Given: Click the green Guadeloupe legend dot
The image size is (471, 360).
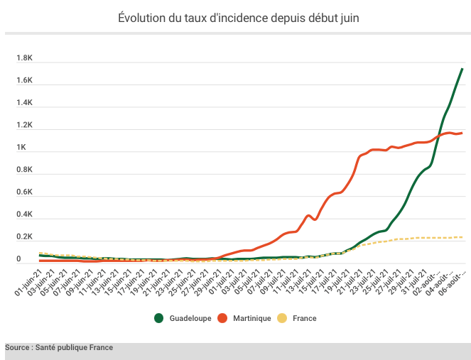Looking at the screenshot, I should (159, 318).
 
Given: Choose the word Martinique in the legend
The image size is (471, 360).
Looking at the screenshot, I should (251, 319).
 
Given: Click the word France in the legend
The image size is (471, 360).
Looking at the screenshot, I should (305, 319).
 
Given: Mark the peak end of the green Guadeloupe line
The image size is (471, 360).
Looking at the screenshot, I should (462, 69).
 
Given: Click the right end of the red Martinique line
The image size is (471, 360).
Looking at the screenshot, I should (462, 133).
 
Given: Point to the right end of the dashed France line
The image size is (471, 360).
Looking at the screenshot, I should (462, 237).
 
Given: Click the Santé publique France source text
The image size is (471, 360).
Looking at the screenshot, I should (59, 348).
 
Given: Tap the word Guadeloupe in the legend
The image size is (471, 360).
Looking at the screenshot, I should (190, 319).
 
